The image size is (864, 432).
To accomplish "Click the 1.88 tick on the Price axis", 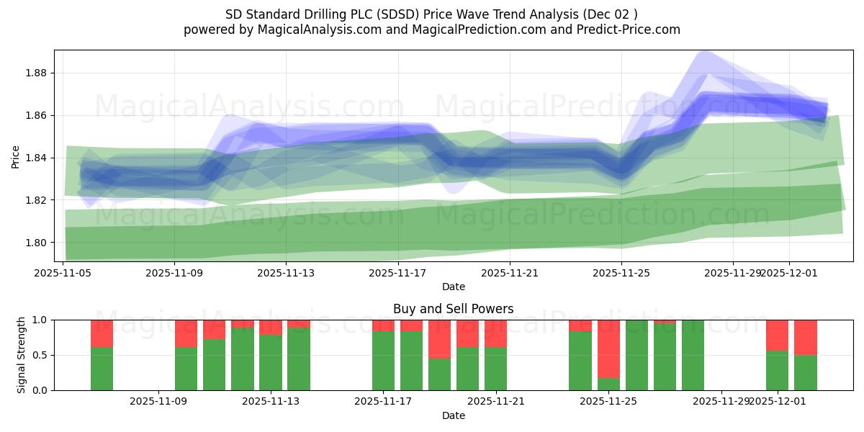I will [x=37, y=73].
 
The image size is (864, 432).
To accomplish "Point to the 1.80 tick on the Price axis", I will [x=37, y=243].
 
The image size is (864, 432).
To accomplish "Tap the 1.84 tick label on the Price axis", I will [x=37, y=158].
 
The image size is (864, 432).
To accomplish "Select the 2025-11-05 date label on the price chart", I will [x=63, y=273].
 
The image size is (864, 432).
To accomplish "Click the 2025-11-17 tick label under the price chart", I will [x=397, y=273].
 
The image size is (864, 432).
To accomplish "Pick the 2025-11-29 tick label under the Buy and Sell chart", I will [x=721, y=402].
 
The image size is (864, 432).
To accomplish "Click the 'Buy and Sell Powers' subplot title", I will [x=453, y=309].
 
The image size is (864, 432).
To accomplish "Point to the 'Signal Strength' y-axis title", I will [x=22, y=354].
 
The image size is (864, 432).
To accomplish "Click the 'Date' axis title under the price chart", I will [x=453, y=287].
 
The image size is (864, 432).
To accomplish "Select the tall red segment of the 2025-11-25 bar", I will [x=608, y=348].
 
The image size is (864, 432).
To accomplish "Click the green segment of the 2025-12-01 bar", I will [x=778, y=370].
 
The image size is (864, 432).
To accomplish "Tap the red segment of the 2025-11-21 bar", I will [x=496, y=333].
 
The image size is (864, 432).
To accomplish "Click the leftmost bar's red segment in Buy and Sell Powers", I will [x=102, y=333].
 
